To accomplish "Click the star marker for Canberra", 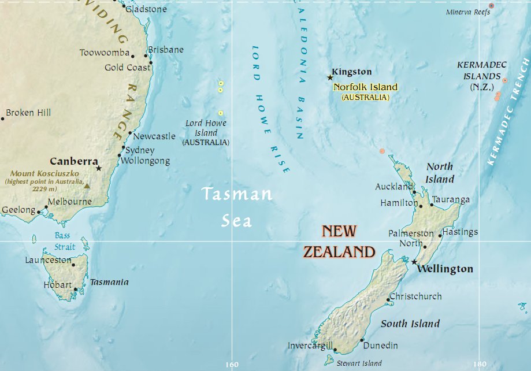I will point(99,168).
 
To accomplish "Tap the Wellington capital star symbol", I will point(414,262).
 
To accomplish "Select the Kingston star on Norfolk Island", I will point(331,77).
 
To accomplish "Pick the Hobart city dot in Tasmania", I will point(75,289).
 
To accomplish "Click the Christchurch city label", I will point(416,296).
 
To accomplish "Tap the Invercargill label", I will point(310,346).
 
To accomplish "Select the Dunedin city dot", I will point(362,340).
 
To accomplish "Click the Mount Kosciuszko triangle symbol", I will point(87,185).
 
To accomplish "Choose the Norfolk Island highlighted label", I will point(366,87).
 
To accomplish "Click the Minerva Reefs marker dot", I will point(492,6).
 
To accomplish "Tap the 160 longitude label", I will point(231,365).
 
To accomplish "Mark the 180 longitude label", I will point(479,365).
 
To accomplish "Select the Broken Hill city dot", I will point(2,118).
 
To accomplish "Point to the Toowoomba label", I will point(105,53).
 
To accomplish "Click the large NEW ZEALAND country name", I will point(340,242).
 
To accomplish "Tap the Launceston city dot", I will point(73,265).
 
